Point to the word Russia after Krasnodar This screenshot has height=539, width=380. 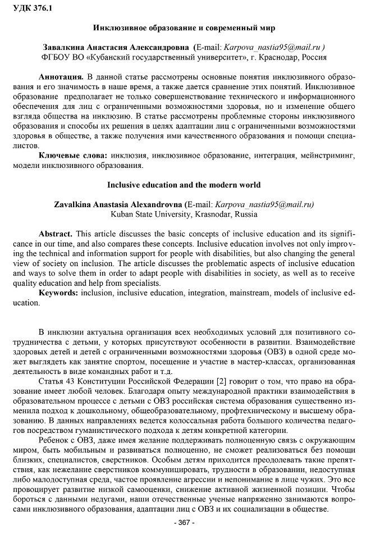point(247,214)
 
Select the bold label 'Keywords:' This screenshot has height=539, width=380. point(58,293)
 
